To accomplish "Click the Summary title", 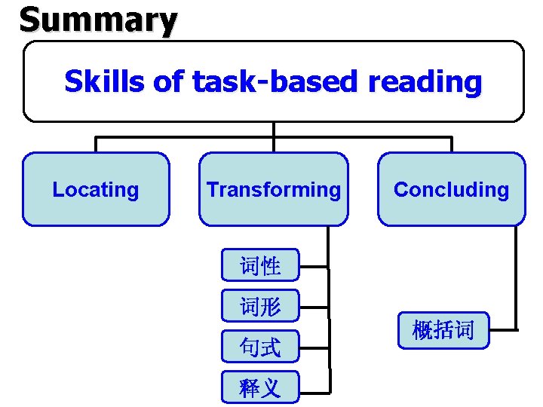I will click(98, 20).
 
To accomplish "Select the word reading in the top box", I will click(425, 81).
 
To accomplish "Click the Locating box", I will click(96, 189).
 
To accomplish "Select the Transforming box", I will click(274, 189).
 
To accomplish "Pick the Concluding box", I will click(451, 189).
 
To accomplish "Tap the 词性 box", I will click(260, 265).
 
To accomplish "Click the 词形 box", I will click(260, 306).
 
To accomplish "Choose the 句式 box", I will click(260, 347).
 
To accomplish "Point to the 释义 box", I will click(260, 387).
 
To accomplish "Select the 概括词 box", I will click(443, 329).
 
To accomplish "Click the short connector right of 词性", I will click(314, 266).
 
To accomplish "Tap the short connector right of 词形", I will click(314, 307).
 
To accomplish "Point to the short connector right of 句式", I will click(314, 347).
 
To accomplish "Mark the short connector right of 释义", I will click(314, 392).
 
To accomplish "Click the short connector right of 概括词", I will click(503, 329).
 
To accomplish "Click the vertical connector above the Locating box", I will click(96, 145).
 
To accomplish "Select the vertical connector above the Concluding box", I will click(451, 145).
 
